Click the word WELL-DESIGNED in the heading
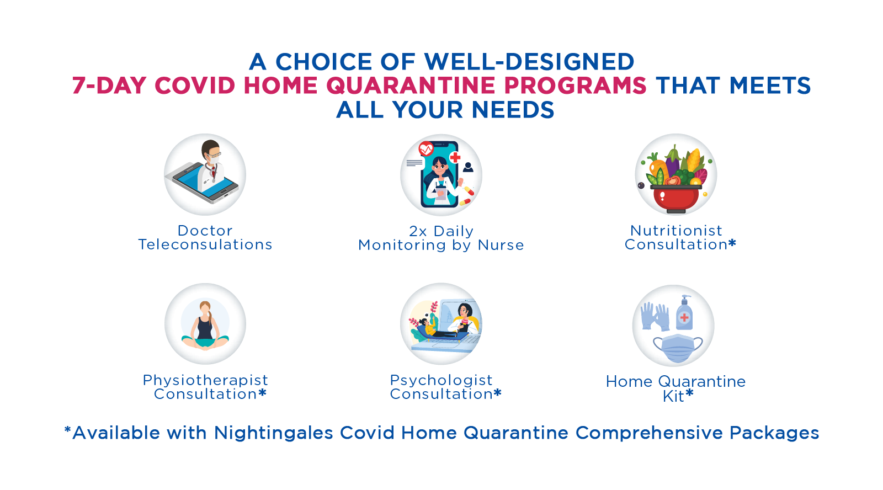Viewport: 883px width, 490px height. click(529, 62)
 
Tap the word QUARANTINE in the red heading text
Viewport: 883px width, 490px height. click(411, 86)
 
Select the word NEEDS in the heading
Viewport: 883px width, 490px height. click(513, 110)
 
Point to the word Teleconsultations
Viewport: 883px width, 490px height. click(205, 245)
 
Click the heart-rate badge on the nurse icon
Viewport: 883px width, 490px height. click(426, 149)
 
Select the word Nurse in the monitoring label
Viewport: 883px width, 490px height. click(501, 245)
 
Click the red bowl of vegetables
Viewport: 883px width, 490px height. click(675, 199)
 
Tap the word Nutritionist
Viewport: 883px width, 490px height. click(676, 231)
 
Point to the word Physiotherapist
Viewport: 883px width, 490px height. click(205, 380)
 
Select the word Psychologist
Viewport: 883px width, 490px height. click(441, 380)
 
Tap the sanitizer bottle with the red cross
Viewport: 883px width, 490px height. click(684, 313)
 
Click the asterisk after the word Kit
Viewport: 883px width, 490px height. click(689, 393)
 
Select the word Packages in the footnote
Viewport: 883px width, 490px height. click(774, 433)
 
